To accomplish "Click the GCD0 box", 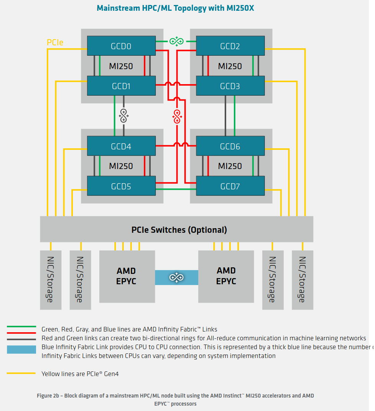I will point(121,46).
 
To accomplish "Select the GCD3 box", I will point(230,86).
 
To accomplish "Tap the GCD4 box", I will point(121,146).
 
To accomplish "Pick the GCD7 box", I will point(230,186).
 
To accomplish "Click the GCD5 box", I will point(121,186).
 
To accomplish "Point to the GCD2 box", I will point(230,46).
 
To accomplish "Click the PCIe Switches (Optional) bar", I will point(176,229).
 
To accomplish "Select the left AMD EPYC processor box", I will point(127,276).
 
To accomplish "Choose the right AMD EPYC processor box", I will point(226,276).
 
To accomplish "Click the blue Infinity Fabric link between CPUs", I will point(176,277).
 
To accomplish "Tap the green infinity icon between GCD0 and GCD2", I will point(176,41).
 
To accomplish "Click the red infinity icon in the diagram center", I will point(177,116).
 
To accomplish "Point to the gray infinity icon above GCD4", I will point(123,115).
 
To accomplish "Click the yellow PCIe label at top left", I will point(55,43).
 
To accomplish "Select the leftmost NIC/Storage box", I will point(51,280).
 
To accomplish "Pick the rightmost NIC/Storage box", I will point(302,280).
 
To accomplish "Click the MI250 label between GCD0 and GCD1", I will point(121,66).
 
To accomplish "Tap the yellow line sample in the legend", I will point(21,373).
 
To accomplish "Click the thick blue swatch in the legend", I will point(21,349).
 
